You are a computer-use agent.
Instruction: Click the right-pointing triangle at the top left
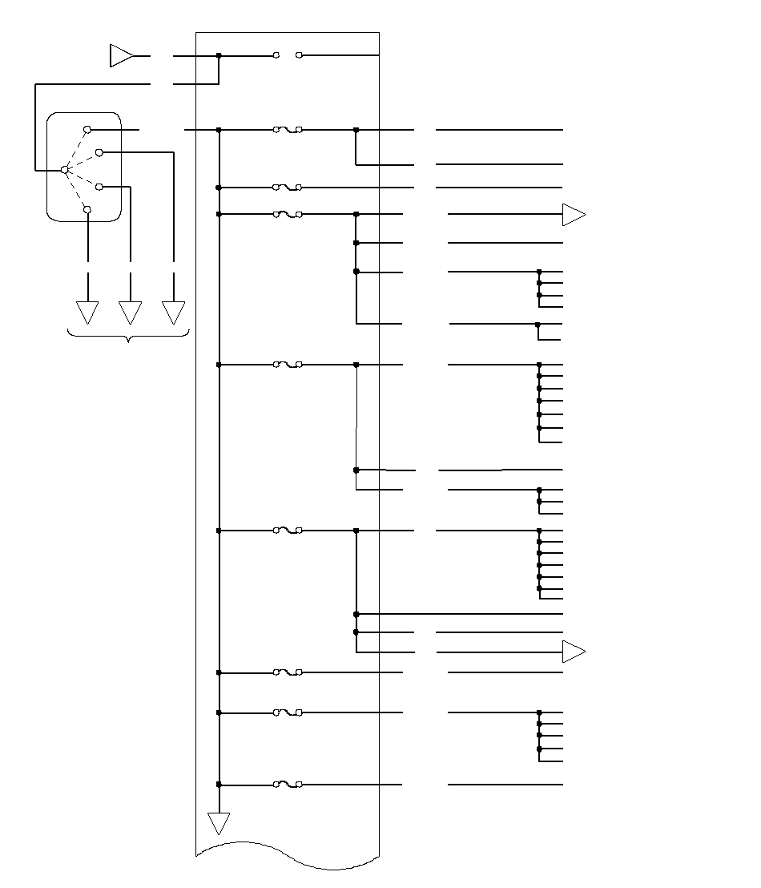pyautogui.click(x=121, y=56)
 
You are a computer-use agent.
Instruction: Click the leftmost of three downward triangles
pyautogui.click(x=87, y=311)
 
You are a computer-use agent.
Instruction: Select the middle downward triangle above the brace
pyautogui.click(x=130, y=311)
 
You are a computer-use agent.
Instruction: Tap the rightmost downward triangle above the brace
pyautogui.click(x=173, y=311)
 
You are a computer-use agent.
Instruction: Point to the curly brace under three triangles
pyautogui.click(x=129, y=337)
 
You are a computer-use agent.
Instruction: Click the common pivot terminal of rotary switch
pyautogui.click(x=65, y=170)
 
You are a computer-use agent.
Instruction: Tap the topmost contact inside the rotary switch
pyautogui.click(x=87, y=129)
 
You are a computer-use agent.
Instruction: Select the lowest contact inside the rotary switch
pyautogui.click(x=87, y=209)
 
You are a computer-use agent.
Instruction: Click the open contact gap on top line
pyautogui.click(x=288, y=55)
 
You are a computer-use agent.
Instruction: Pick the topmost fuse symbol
pyautogui.click(x=288, y=129)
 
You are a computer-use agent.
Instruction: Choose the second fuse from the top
pyautogui.click(x=288, y=188)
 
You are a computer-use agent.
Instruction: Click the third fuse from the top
pyautogui.click(x=288, y=214)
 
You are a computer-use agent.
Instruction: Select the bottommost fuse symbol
pyautogui.click(x=288, y=785)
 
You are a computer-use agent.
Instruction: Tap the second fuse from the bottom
pyautogui.click(x=288, y=712)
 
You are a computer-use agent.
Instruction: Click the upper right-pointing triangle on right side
pyautogui.click(x=574, y=215)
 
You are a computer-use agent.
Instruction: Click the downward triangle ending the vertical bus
pyautogui.click(x=219, y=823)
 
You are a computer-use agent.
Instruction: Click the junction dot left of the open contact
pyautogui.click(x=219, y=55)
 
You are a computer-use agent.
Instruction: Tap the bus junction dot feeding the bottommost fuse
pyautogui.click(x=219, y=785)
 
